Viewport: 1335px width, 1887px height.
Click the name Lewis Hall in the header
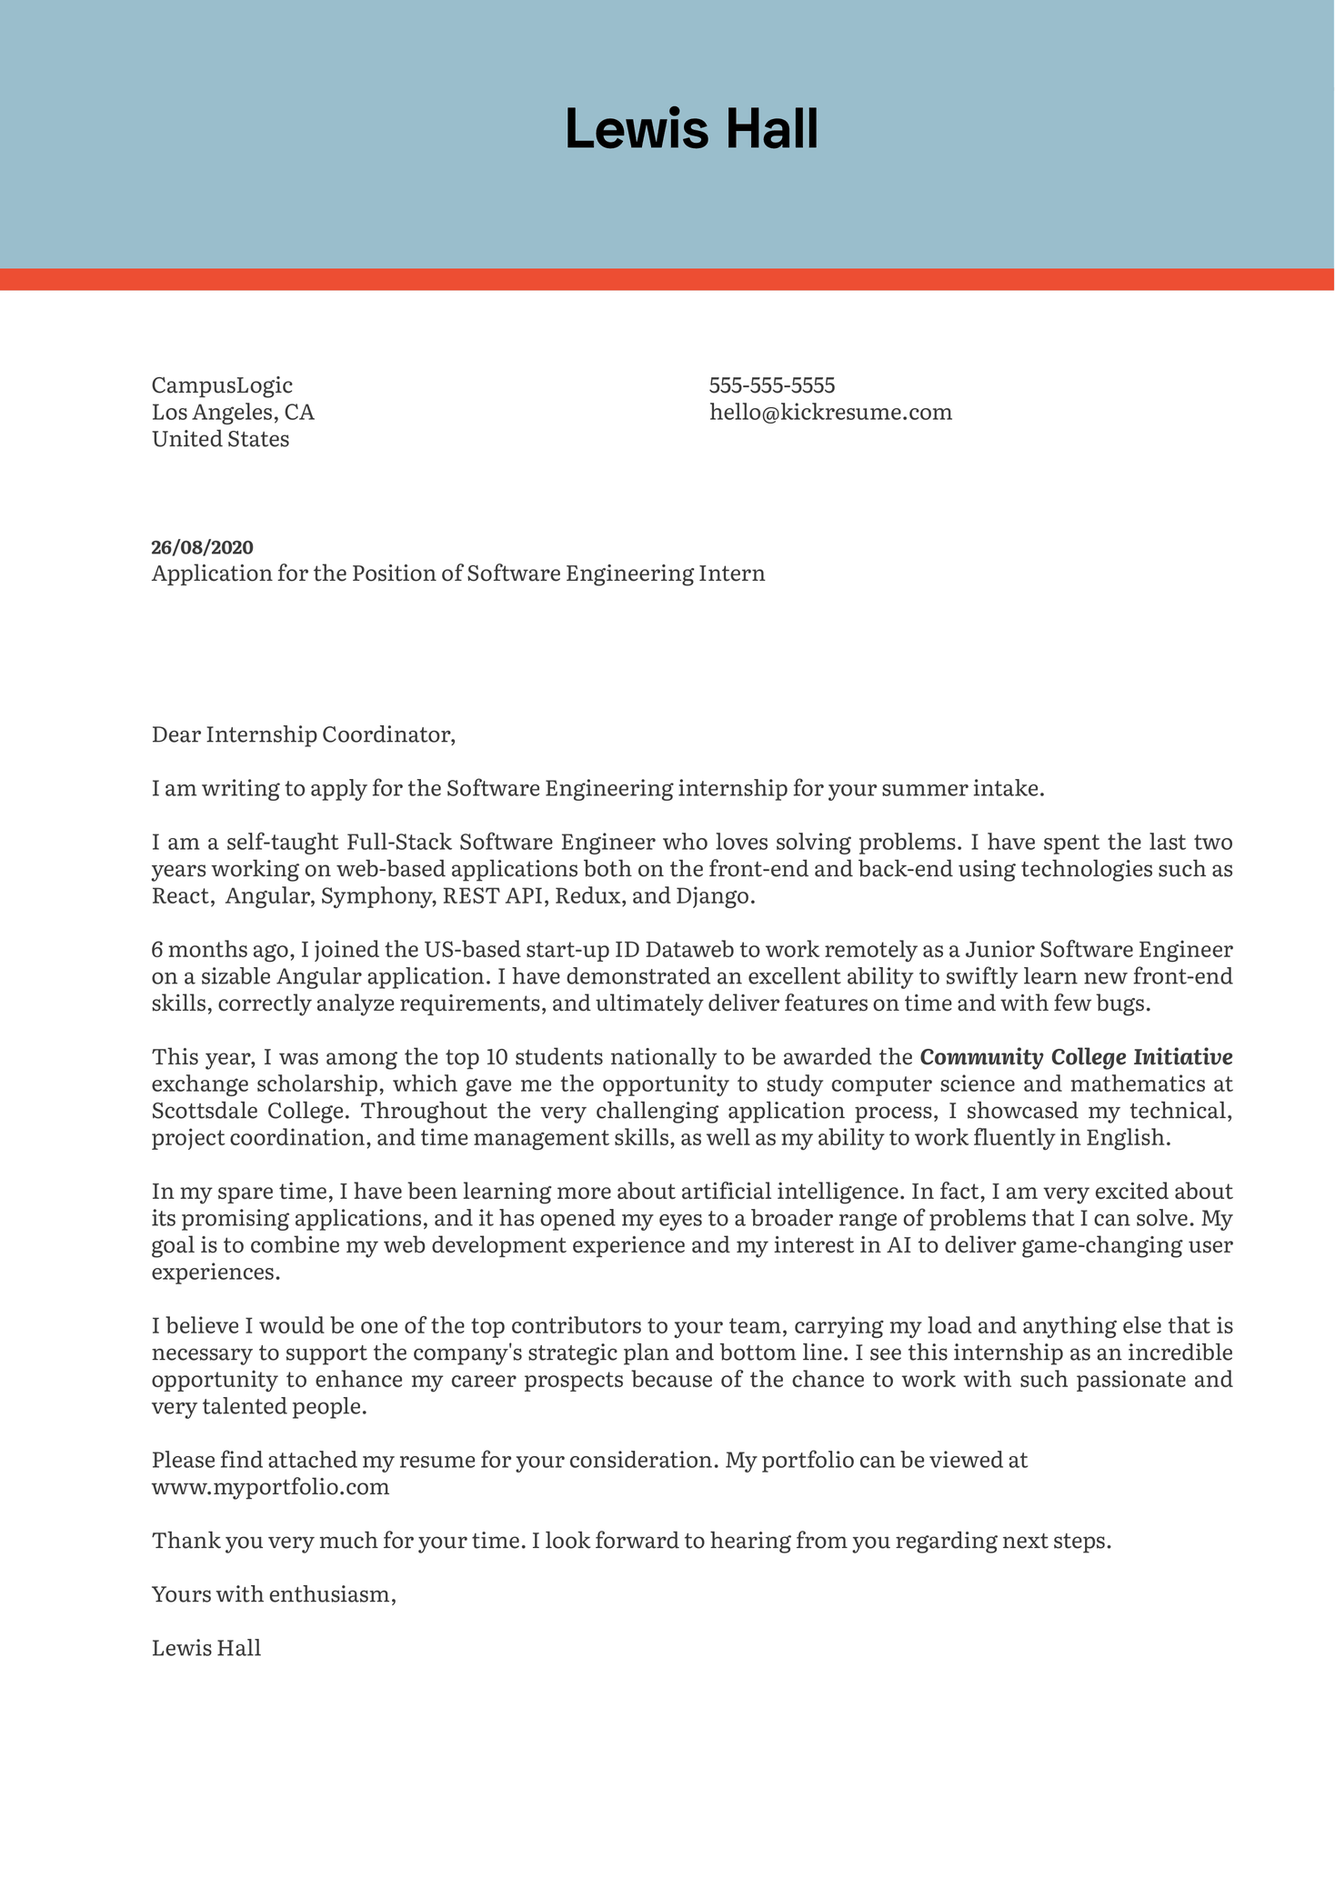pyautogui.click(x=691, y=129)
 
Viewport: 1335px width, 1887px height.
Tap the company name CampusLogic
pyautogui.click(x=222, y=385)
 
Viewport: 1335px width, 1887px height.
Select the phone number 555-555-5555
pyautogui.click(x=772, y=385)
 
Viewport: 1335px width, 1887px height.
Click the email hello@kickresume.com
pyautogui.click(x=830, y=413)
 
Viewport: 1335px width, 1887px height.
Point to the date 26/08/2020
pyautogui.click(x=202, y=547)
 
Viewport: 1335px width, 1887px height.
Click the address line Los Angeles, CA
pyautogui.click(x=233, y=413)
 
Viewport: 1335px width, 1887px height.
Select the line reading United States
pyautogui.click(x=220, y=440)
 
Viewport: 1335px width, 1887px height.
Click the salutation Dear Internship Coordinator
pyautogui.click(x=303, y=734)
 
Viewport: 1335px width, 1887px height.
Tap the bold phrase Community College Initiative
pyautogui.click(x=1076, y=1057)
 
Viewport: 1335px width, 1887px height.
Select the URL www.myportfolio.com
pyautogui.click(x=270, y=1487)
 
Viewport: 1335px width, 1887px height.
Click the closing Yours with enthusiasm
pyautogui.click(x=274, y=1593)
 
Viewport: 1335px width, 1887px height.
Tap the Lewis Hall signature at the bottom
pyautogui.click(x=206, y=1648)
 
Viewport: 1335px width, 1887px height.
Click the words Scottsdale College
pyautogui.click(x=249, y=1111)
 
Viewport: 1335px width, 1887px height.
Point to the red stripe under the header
pyautogui.click(x=667, y=279)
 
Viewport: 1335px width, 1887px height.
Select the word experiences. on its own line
pyautogui.click(x=216, y=1273)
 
